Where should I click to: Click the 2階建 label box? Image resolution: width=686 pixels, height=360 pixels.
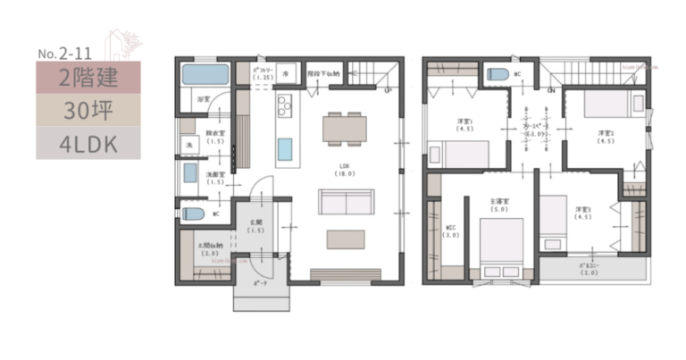88,77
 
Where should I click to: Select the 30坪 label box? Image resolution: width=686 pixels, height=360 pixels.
88,110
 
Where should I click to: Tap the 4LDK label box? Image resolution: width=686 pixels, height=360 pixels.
88,143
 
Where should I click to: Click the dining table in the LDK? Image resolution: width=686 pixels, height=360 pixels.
344,128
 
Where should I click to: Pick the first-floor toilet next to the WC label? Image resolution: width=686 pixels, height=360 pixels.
192,214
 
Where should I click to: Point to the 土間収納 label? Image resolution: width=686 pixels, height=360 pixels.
211,249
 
